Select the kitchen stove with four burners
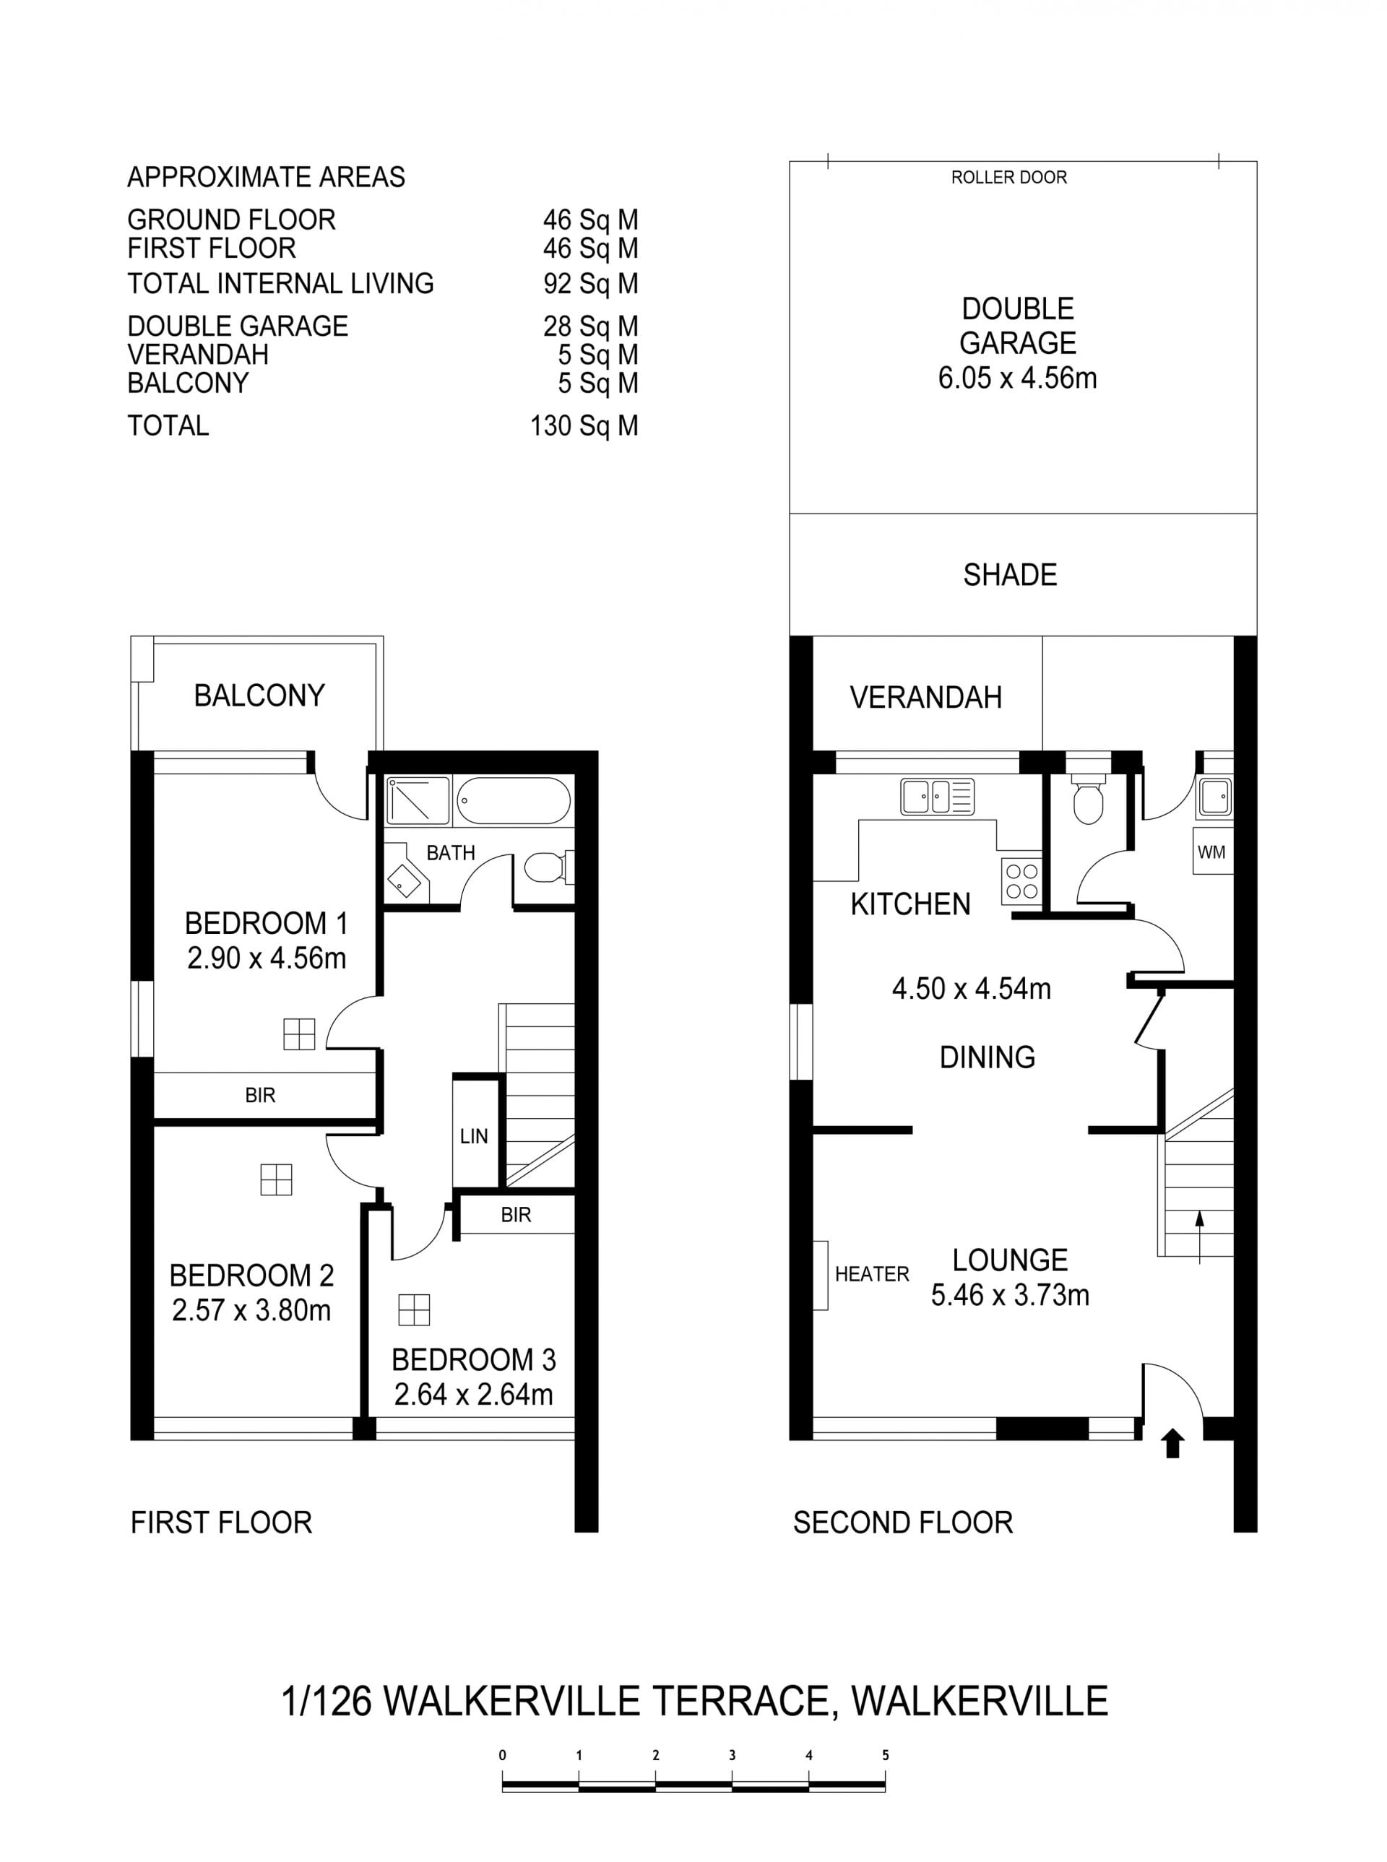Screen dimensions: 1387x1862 pyautogui.click(x=1021, y=881)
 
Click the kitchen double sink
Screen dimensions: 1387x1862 pyautogui.click(x=937, y=797)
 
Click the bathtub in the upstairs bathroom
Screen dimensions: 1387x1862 pyautogui.click(x=514, y=801)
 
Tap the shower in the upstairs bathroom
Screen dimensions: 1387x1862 pyautogui.click(x=418, y=801)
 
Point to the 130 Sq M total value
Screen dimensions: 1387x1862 pyautogui.click(x=584, y=425)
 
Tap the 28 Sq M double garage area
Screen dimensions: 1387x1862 pyautogui.click(x=591, y=326)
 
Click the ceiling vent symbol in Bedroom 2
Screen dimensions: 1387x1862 pyautogui.click(x=276, y=1179)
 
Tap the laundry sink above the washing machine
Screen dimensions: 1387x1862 pyautogui.click(x=1215, y=797)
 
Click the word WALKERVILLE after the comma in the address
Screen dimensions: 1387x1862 pyautogui.click(x=980, y=1701)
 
